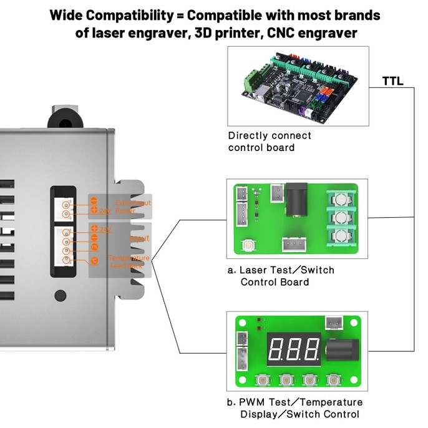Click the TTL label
click(x=392, y=81)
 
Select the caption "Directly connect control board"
click(x=270, y=142)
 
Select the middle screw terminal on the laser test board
click(x=340, y=219)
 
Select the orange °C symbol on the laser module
click(x=94, y=259)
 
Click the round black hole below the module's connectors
click(x=61, y=294)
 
